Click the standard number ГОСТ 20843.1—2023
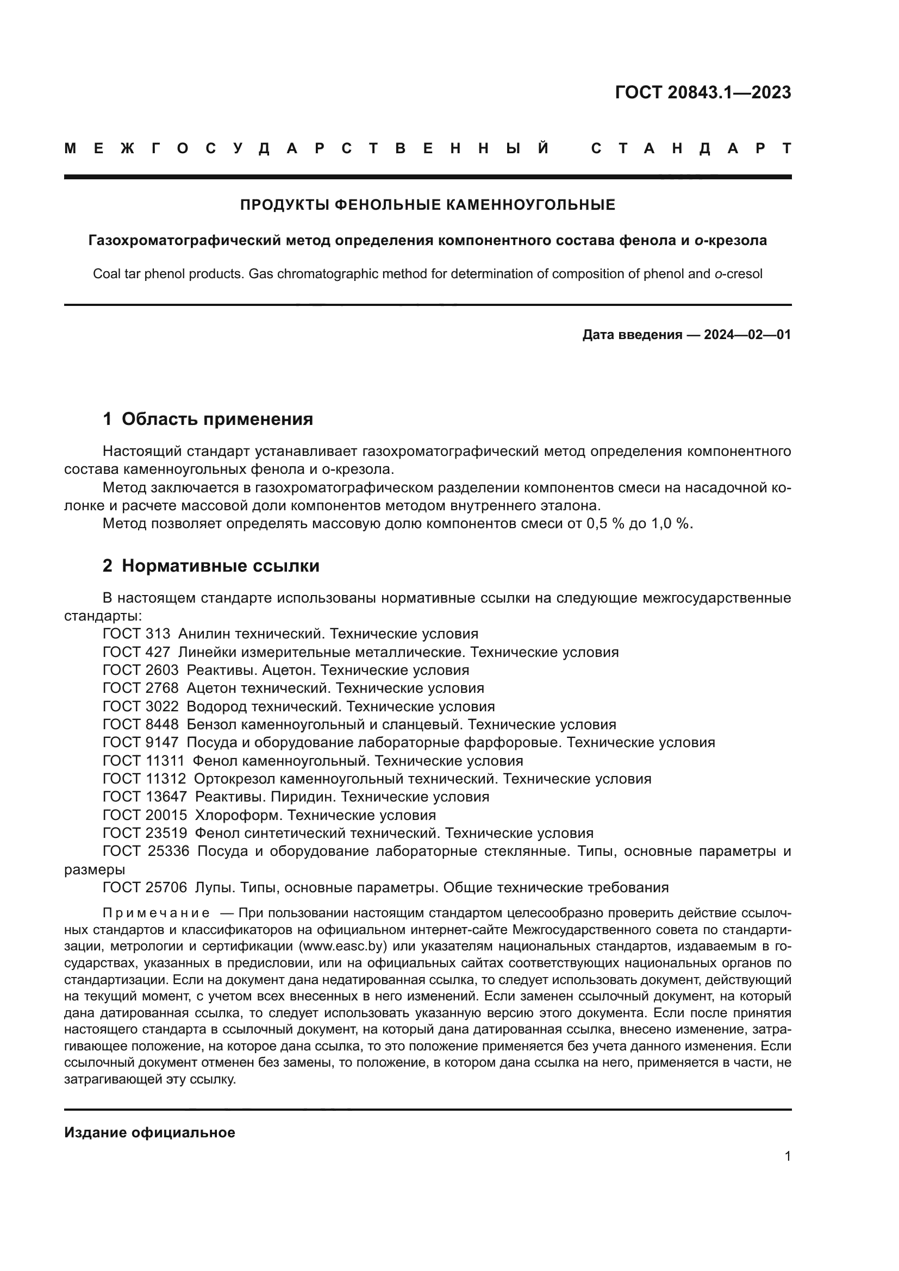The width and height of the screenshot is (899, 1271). click(x=702, y=92)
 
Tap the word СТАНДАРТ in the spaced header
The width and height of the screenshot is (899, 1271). click(x=691, y=149)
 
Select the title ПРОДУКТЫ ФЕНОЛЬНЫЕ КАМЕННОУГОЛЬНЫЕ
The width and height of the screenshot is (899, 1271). click(x=427, y=205)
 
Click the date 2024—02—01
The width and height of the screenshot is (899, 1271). click(x=747, y=335)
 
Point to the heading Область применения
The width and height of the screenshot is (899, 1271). click(x=217, y=419)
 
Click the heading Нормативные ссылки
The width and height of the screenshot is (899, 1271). click(x=220, y=566)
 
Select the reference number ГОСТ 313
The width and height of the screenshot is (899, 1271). click(x=136, y=634)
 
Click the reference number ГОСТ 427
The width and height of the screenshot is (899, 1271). click(x=136, y=652)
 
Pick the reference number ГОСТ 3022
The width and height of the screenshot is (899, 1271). click(x=141, y=706)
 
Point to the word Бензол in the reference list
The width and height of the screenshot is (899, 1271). click(x=210, y=725)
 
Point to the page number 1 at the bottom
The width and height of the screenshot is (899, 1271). click(x=787, y=1156)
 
